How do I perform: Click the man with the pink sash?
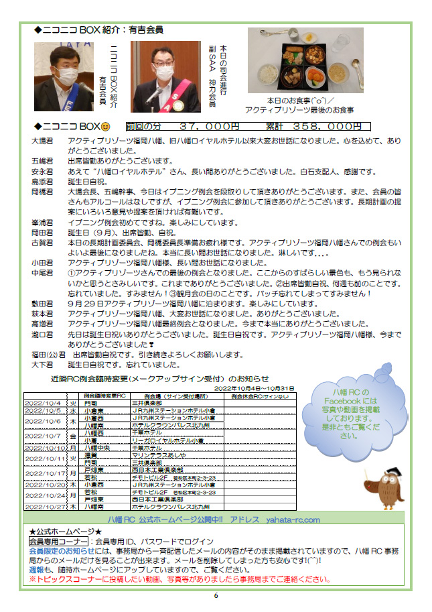[x=165, y=75]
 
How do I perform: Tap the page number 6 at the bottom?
[x=216, y=595]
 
